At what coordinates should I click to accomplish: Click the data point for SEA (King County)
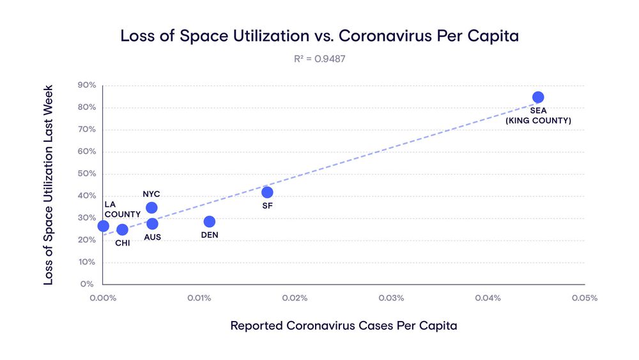(x=538, y=97)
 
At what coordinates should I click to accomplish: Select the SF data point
(x=267, y=192)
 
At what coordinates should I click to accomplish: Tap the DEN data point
(x=209, y=222)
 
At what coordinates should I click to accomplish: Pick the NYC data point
(x=151, y=208)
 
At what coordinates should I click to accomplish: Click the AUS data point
(x=152, y=224)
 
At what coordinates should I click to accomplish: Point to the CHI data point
(x=122, y=230)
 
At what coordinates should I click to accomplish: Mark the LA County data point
(x=103, y=226)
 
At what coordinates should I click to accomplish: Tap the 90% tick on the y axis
(x=87, y=85)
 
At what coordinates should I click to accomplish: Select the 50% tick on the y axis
(x=87, y=174)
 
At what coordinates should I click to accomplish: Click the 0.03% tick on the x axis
(x=391, y=298)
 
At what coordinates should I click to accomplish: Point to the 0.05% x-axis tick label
(x=584, y=298)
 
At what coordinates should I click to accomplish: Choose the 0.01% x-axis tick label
(x=199, y=298)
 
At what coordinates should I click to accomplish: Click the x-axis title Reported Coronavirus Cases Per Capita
(x=344, y=325)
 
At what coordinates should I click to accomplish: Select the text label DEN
(x=210, y=235)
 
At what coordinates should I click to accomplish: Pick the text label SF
(x=267, y=206)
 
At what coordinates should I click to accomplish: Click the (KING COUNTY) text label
(x=538, y=120)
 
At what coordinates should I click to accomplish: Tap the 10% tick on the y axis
(x=87, y=262)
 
